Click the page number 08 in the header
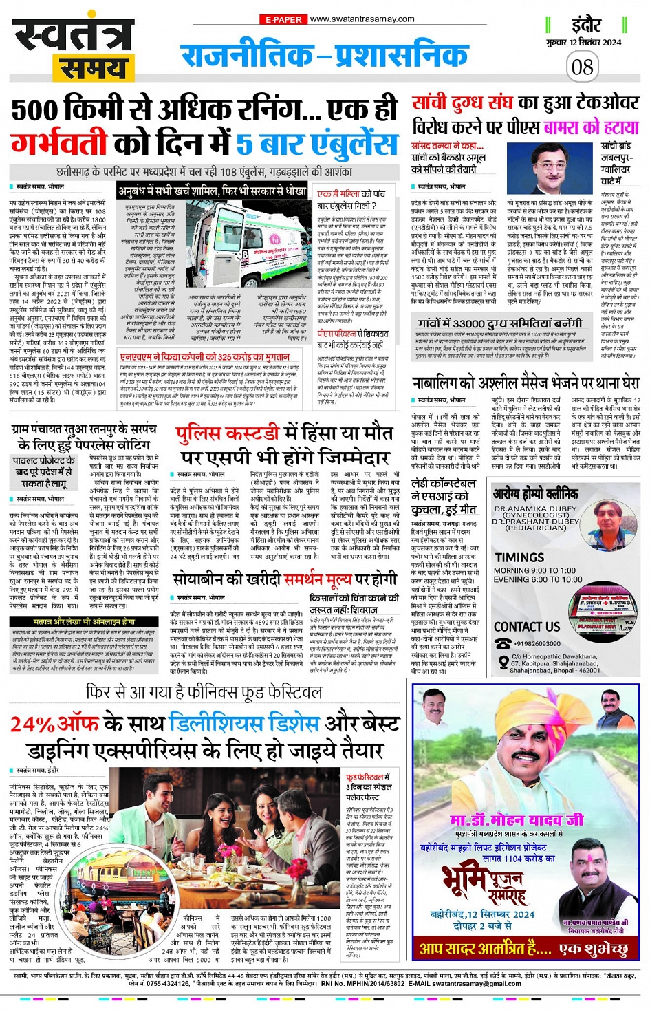point(582,67)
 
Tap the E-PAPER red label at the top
point(283,19)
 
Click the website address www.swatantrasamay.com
point(362,19)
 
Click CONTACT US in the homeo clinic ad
point(527,626)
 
